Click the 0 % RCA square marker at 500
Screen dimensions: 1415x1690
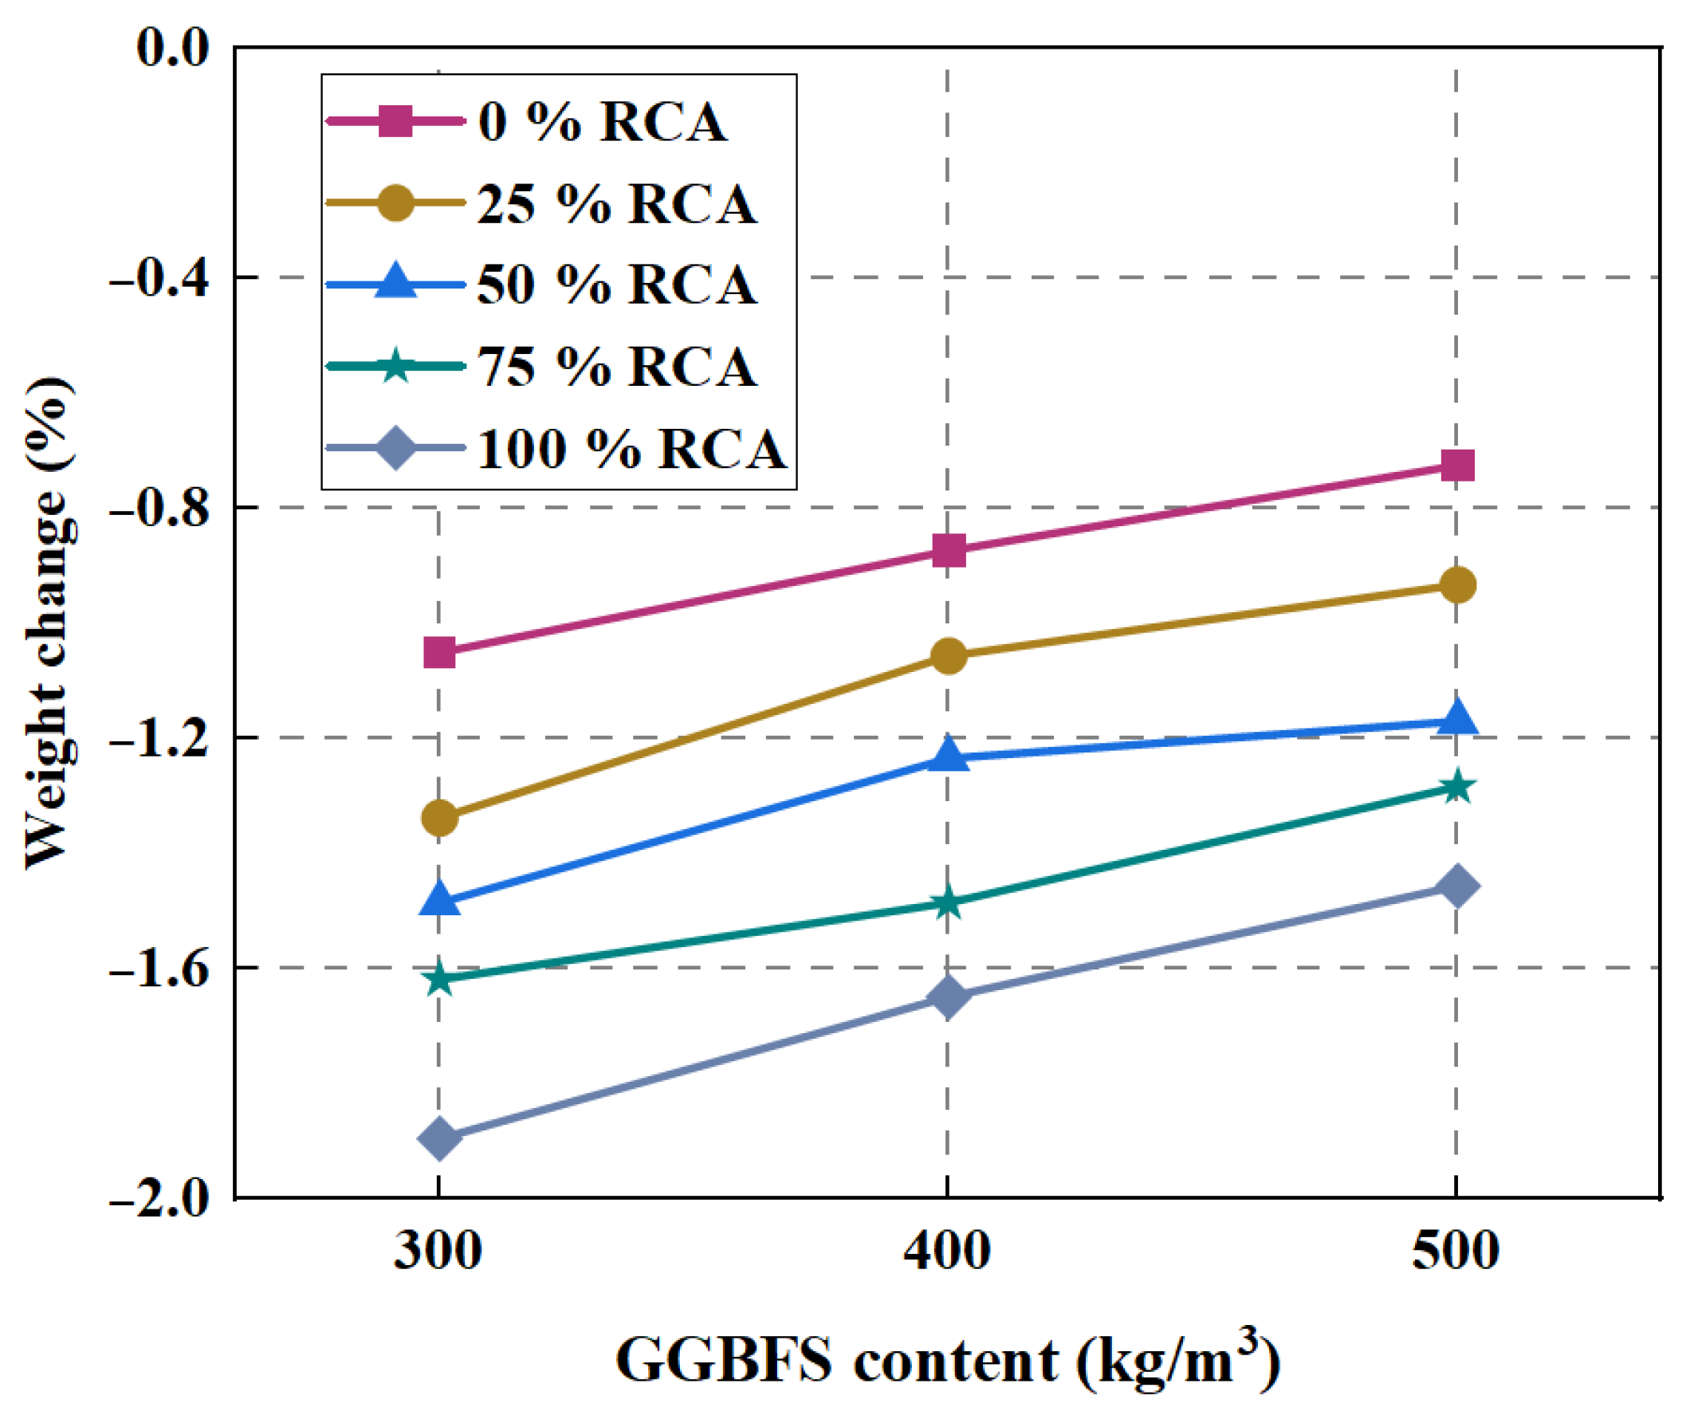[1457, 466]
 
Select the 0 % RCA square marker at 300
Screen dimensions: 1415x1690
[439, 652]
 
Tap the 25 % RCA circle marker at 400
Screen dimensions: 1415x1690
[949, 656]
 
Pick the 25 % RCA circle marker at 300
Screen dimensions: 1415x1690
[439, 819]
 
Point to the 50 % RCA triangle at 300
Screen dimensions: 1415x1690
[439, 899]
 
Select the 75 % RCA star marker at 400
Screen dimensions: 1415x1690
[949, 902]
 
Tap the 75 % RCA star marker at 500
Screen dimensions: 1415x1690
[1457, 786]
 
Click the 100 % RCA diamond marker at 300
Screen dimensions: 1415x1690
[439, 1138]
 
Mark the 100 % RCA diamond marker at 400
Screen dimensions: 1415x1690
[949, 997]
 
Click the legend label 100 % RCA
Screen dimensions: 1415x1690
[631, 448]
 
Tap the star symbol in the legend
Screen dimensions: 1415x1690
[395, 366]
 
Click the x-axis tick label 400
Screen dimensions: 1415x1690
[947, 1252]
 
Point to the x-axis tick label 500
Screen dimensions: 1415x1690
[1456, 1252]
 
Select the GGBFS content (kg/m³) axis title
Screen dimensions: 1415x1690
[947, 1360]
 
